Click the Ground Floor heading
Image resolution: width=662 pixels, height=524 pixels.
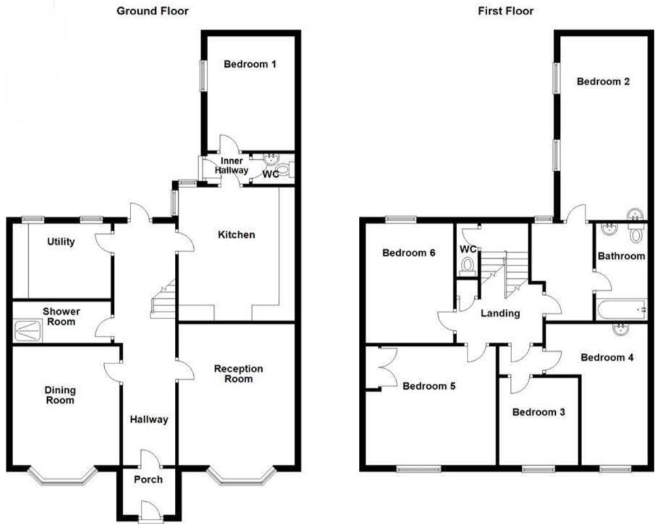pos(153,11)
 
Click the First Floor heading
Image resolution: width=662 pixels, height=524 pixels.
pos(506,11)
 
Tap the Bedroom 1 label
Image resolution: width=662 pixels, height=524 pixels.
pos(250,64)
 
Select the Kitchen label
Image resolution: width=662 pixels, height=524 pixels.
pos(236,234)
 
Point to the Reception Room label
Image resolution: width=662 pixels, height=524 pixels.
pos(238,374)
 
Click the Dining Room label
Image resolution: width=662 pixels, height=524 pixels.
pos(60,395)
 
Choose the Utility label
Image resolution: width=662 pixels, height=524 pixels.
pos(61,242)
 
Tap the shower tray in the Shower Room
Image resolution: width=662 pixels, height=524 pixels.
pos(28,331)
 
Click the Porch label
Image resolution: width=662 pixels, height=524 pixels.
pos(148,479)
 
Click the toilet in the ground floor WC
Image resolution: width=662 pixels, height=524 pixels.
pos(285,170)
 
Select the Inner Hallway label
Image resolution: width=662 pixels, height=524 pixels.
pos(231,166)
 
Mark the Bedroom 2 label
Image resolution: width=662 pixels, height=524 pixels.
pos(603,81)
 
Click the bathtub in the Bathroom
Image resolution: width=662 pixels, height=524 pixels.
pos(621,310)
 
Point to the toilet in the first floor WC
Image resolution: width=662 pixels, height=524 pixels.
pos(468,266)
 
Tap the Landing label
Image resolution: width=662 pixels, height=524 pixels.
pos(500,313)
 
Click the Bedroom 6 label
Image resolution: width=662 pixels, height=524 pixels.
pos(409,253)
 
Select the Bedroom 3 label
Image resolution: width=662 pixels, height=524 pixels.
pos(539,412)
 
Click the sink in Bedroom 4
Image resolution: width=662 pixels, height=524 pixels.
pos(621,329)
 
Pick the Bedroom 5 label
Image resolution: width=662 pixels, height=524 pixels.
pos(429,386)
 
